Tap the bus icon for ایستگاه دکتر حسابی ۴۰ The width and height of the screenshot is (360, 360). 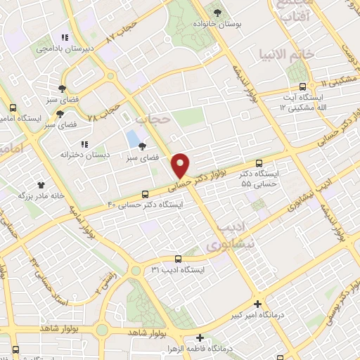(x=146, y=194)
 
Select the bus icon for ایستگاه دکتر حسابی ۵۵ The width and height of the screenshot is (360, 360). (x=261, y=162)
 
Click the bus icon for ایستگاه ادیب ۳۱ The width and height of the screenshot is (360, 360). (x=178, y=258)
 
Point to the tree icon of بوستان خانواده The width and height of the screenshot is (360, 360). (x=217, y=12)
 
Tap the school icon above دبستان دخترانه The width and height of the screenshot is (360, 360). (x=84, y=143)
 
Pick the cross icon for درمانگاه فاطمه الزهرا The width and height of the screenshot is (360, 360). (x=200, y=337)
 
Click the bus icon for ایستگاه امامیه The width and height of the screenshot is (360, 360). (x=13, y=108)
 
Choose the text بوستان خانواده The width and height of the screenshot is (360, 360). (x=237, y=23)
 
